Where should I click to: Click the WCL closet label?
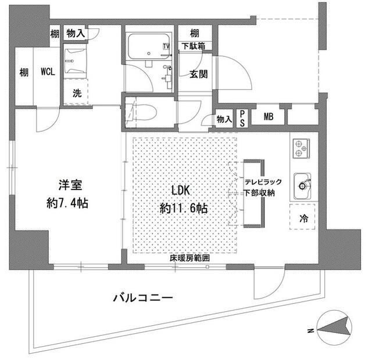[48, 73]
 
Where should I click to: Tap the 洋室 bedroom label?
[69, 186]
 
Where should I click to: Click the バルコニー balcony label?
[142, 299]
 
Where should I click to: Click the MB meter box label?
[269, 116]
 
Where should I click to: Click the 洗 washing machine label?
[77, 92]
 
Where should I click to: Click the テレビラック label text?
[263, 182]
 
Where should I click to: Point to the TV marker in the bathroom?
[167, 46]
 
